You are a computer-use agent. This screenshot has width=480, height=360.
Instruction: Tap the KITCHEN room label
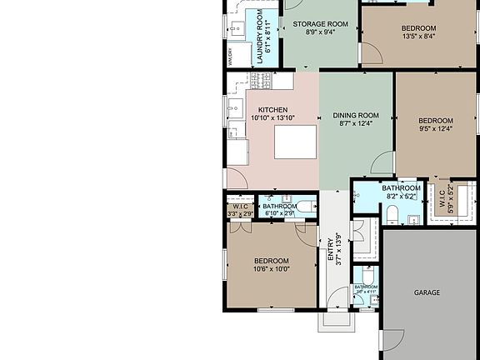[x=272, y=110]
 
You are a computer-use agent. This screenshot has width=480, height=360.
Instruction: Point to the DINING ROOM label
[x=356, y=115]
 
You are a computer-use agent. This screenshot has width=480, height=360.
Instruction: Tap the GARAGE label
[x=427, y=292]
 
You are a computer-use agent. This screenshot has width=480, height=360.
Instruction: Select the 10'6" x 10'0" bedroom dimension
[x=272, y=269]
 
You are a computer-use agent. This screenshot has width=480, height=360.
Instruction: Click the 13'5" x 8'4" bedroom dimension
[x=418, y=36]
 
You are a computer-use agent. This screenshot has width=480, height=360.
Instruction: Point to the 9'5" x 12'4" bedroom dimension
[x=435, y=128]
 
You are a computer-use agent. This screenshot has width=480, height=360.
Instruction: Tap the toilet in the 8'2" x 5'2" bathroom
[x=390, y=214]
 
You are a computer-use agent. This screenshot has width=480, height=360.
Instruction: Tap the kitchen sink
[x=235, y=106]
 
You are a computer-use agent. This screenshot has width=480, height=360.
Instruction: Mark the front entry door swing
[x=337, y=298]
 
